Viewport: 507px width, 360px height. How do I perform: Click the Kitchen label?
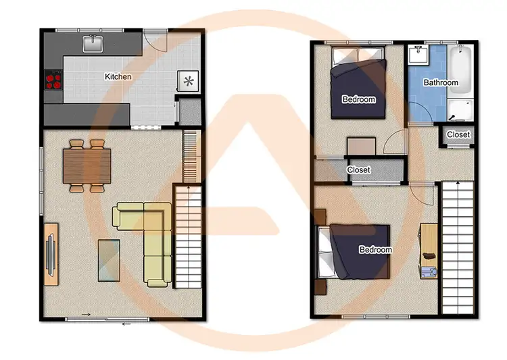coord(118,77)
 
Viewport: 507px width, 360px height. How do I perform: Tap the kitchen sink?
coord(93,44)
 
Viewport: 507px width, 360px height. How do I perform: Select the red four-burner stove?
coord(53,81)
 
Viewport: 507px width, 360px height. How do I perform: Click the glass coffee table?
coord(109,259)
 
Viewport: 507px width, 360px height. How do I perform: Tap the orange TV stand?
coord(51,251)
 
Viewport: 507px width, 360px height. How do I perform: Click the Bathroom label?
coord(441,83)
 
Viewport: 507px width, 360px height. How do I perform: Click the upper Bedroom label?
coord(358,100)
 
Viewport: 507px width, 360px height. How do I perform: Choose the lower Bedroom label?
coord(375,250)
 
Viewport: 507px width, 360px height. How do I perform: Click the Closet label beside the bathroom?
coord(458,135)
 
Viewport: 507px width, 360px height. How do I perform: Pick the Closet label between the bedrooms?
coord(358,170)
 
